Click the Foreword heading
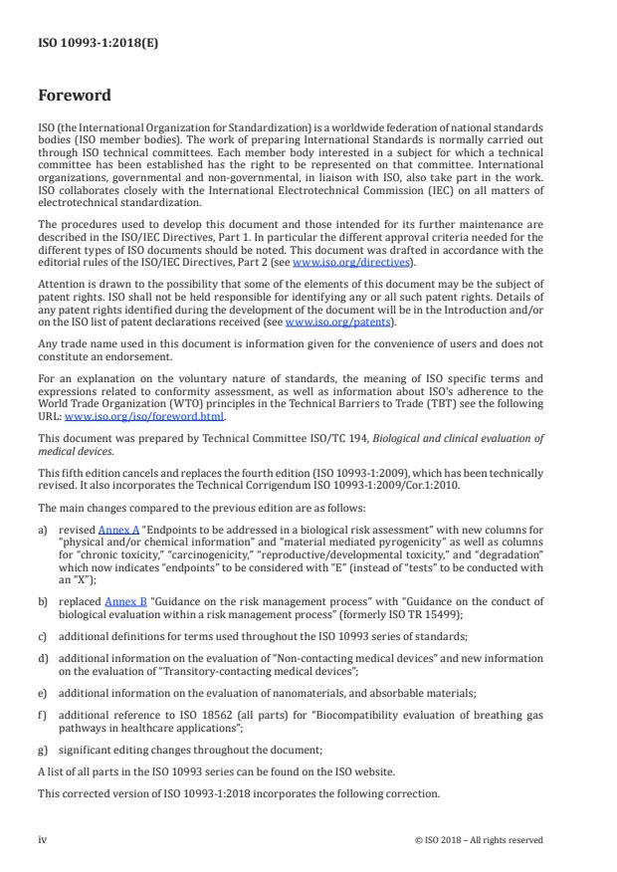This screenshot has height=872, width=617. click(74, 96)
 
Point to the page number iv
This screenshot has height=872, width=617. click(42, 839)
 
